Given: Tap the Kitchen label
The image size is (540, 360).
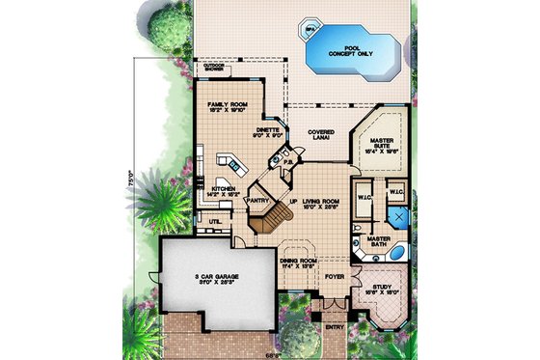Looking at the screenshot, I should (223, 190).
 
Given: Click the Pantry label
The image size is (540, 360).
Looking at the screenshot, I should (257, 201).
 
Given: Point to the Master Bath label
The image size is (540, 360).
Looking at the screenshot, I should (378, 240).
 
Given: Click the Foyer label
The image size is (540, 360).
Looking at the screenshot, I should (334, 275).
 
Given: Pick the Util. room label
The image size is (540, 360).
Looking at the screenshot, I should (215, 221).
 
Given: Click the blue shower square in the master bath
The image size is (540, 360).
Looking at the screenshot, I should (397, 211).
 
